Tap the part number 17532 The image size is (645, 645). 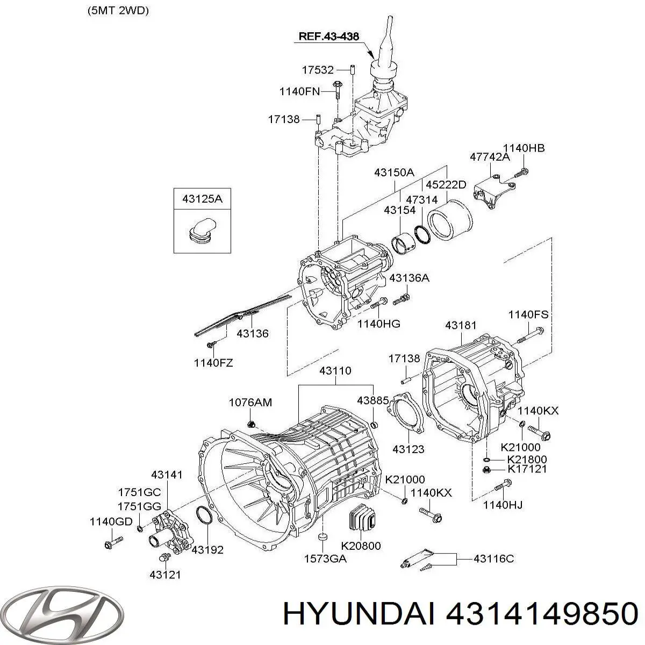tap(317, 70)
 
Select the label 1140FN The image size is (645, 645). tap(299, 92)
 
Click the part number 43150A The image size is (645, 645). tap(395, 173)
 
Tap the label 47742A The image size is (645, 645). tap(489, 156)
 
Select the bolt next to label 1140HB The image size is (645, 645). tap(521, 173)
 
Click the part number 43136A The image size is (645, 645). tap(409, 278)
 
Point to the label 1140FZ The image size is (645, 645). tap(213, 363)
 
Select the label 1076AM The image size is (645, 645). tap(250, 402)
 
